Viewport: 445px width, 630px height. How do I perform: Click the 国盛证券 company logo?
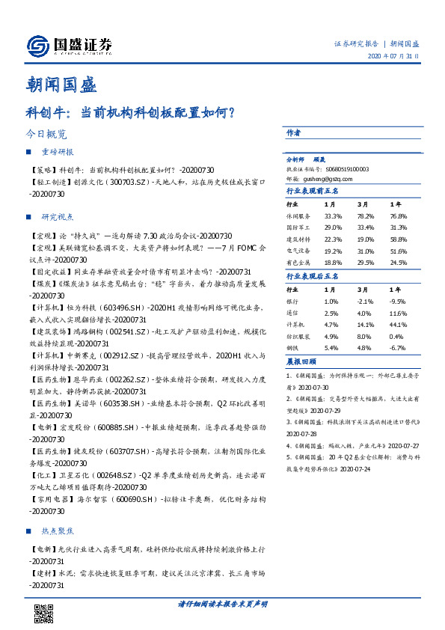69,46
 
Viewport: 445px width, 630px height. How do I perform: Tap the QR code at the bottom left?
44,614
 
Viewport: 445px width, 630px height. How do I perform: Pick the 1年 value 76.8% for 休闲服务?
399,215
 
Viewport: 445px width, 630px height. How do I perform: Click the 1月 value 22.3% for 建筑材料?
333,238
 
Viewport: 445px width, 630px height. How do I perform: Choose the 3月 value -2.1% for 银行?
366,300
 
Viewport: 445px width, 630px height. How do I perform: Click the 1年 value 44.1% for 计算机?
399,325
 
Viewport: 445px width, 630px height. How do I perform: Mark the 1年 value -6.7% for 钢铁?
399,348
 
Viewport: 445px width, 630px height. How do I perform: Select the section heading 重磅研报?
56,152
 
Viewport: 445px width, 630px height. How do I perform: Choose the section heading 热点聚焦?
56,531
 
